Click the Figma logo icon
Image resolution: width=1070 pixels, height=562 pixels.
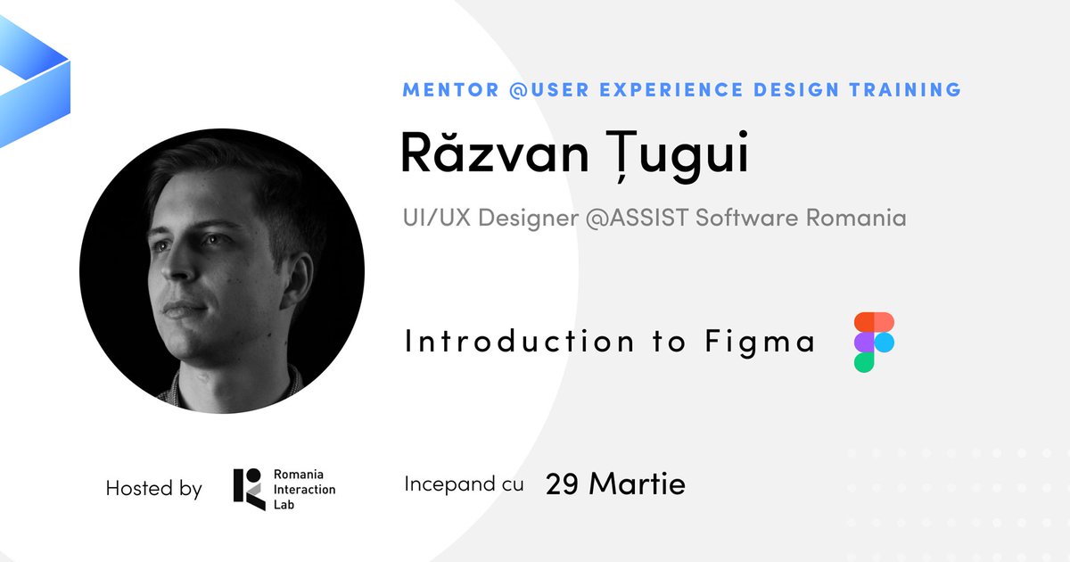(874, 342)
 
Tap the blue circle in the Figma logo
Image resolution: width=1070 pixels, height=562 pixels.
(884, 342)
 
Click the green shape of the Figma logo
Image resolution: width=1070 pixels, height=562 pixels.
(864, 361)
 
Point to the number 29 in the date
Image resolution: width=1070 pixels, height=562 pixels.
(563, 484)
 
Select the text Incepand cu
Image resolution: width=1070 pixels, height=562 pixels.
(464, 484)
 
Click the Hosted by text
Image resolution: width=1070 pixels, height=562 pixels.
(153, 489)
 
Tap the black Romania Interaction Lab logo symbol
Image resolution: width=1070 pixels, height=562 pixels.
(249, 489)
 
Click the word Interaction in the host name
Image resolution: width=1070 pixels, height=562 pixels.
(305, 489)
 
